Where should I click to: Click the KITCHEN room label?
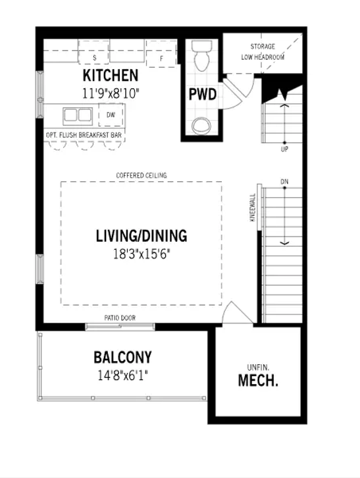tap(111, 76)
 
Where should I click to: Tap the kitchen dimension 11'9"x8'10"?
tap(111, 93)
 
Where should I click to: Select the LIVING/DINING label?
tap(141, 236)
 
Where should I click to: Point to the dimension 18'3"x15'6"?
tap(141, 254)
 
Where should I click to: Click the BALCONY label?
tap(122, 358)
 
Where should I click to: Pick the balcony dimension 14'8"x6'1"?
tap(122, 375)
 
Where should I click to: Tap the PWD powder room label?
tap(203, 94)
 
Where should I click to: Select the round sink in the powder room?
tap(201, 126)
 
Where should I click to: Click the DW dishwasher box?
tap(111, 114)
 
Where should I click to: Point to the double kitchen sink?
tap(78, 116)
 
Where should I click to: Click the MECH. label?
tap(258, 381)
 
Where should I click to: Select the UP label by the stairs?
tap(284, 149)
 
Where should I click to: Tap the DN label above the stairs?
tap(284, 181)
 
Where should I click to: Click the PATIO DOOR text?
tap(120, 318)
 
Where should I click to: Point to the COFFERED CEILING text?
tap(141, 176)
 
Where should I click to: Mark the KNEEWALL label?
tap(253, 208)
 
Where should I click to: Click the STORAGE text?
tap(263, 47)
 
